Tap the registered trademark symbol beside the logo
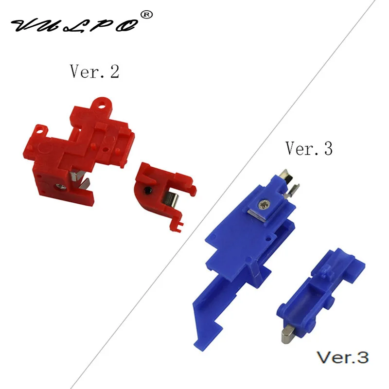(146, 15)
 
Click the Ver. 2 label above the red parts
(94, 71)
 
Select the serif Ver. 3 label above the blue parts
(309, 148)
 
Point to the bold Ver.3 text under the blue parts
(343, 357)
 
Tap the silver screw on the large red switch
(61, 187)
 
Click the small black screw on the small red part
(148, 191)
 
